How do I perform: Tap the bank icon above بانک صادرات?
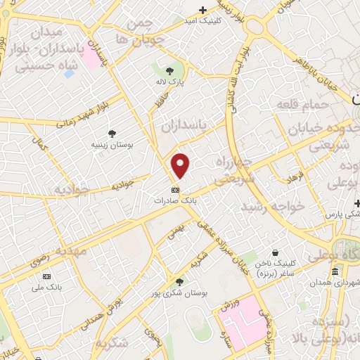coord(175,190)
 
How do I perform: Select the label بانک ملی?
coord(49,287)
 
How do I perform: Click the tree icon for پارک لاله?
coord(169,70)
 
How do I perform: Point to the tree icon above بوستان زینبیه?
coord(112,134)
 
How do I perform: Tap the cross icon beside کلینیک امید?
coord(202,10)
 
